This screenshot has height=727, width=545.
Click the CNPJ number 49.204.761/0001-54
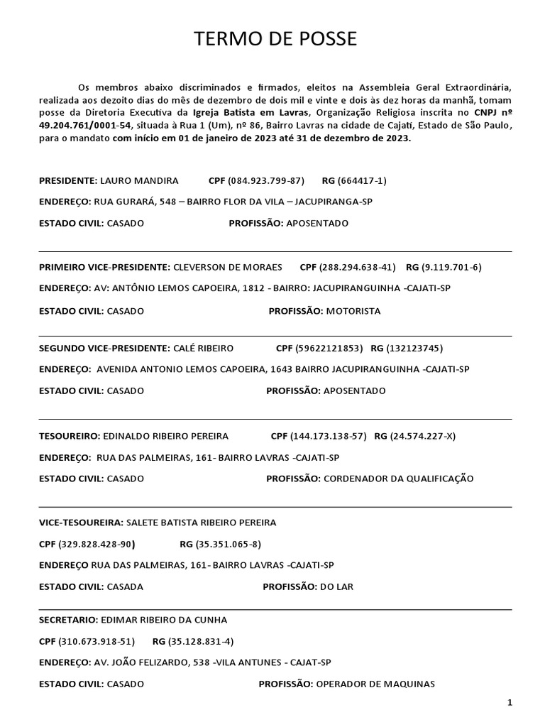click(x=84, y=125)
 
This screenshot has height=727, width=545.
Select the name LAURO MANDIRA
click(x=138, y=181)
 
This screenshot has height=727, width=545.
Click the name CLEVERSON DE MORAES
click(x=228, y=267)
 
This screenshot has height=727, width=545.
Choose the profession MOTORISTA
click(x=353, y=311)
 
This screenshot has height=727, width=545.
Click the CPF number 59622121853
click(x=330, y=348)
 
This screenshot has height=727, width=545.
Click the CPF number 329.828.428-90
click(x=97, y=545)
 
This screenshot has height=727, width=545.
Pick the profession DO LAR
click(x=336, y=587)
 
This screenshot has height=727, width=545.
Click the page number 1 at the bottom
click(x=510, y=703)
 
